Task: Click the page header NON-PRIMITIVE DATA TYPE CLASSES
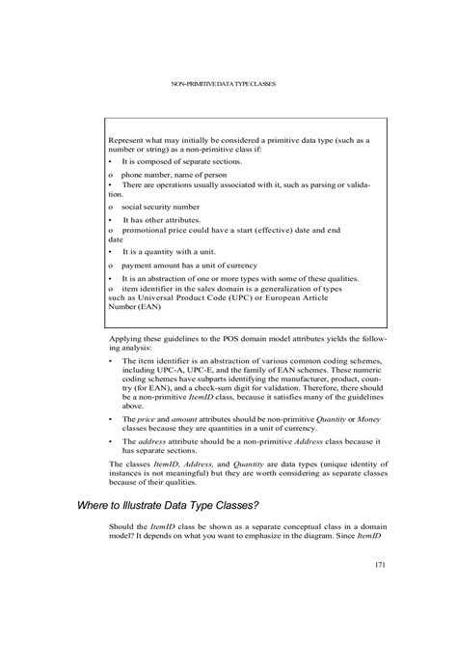coord(223,84)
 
